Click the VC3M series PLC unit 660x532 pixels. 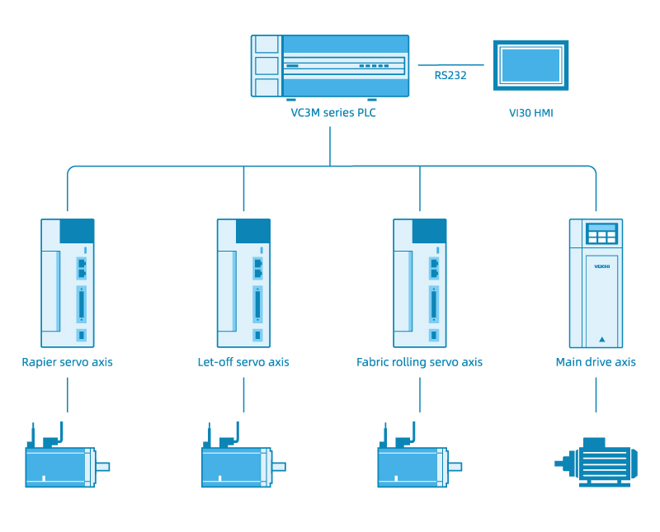(330, 66)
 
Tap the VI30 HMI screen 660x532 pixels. (530, 64)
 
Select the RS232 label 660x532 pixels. (450, 76)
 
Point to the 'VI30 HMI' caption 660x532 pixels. (530, 113)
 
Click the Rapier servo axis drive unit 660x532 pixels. (68, 283)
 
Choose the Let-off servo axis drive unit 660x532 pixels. (243, 283)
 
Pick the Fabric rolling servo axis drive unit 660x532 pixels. (419, 283)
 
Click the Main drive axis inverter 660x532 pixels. (596, 283)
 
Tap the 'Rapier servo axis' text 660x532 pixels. (67, 362)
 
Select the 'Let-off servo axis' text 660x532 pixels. (243, 362)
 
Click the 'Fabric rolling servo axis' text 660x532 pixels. (419, 362)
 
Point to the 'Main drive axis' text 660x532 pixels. (596, 362)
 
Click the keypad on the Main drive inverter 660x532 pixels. (601, 234)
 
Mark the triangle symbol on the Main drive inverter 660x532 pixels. (601, 339)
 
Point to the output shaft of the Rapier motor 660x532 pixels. (102, 467)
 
